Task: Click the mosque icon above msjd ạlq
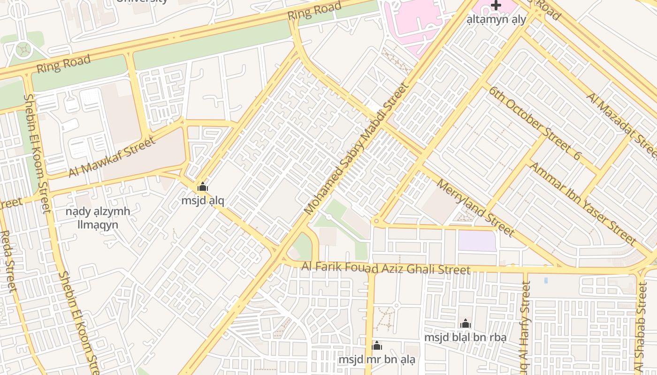(x=203, y=187)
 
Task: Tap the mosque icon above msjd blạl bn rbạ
(x=465, y=323)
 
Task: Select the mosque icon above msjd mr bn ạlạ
(x=376, y=346)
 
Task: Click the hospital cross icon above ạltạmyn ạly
(x=496, y=6)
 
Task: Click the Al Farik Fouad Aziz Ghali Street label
(x=385, y=268)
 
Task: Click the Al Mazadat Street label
(x=621, y=124)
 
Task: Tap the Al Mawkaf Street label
(x=111, y=157)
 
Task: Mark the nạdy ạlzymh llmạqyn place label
(x=98, y=218)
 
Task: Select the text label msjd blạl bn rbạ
(x=465, y=337)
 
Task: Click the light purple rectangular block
(x=477, y=241)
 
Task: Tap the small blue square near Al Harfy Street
(x=546, y=280)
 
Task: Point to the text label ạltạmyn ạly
(x=496, y=20)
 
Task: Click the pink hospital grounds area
(x=413, y=23)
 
